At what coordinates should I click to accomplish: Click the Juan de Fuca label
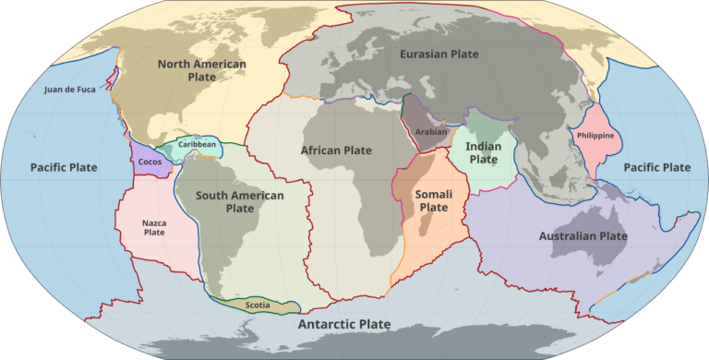tap(69, 90)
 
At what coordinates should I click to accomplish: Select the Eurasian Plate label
tap(439, 54)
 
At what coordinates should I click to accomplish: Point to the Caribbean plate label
tap(198, 145)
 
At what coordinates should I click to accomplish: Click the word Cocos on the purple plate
tap(150, 162)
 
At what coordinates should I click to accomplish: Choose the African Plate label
tap(336, 150)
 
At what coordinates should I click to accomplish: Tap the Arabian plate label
tap(431, 132)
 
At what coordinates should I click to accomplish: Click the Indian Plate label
tap(484, 152)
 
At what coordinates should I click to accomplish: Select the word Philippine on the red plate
tap(595, 137)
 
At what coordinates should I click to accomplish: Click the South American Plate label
tap(240, 201)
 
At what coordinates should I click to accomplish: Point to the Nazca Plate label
tap(153, 226)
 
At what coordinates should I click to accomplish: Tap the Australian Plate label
tap(583, 236)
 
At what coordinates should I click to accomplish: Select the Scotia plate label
tap(258, 305)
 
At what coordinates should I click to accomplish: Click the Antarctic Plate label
tap(343, 325)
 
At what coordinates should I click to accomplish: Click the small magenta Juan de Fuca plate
tap(111, 81)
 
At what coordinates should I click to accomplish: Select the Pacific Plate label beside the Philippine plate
tap(656, 168)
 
